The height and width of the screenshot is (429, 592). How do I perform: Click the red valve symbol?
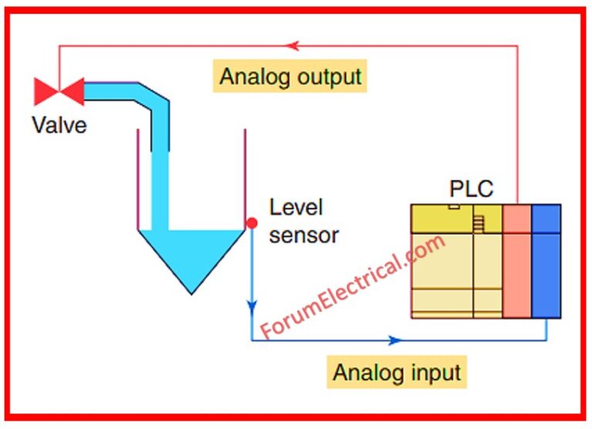[x=59, y=92]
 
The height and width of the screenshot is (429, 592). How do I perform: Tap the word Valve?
[x=59, y=124]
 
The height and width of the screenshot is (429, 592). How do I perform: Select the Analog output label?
[x=290, y=76]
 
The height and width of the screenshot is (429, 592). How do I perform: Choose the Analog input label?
[x=396, y=373]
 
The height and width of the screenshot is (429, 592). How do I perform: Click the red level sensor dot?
[x=251, y=224]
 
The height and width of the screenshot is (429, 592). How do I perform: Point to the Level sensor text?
[x=303, y=221]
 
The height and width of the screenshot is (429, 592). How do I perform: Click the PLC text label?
[x=471, y=189]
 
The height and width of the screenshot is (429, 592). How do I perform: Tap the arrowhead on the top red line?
[x=292, y=46]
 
